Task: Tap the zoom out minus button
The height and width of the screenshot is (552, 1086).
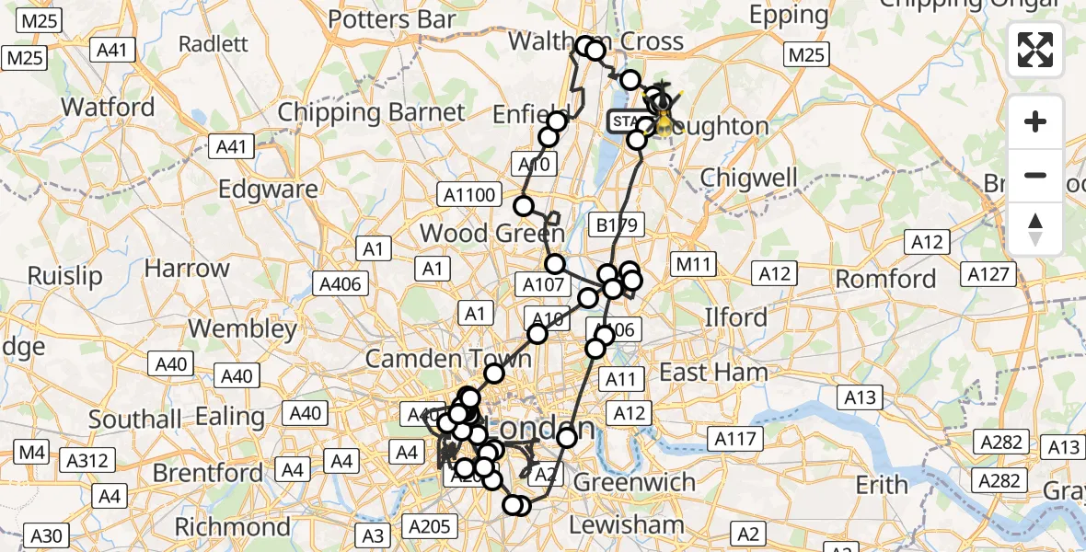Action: tap(1035, 175)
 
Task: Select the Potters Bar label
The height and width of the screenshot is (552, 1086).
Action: tap(392, 18)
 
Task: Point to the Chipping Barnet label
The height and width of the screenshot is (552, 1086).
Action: tap(372, 113)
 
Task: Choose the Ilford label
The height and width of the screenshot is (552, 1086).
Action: tap(735, 317)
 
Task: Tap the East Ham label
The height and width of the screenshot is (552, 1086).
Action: tap(713, 372)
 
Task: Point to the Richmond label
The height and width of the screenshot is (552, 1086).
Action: tap(232, 527)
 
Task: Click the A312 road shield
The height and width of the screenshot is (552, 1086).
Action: tap(87, 460)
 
